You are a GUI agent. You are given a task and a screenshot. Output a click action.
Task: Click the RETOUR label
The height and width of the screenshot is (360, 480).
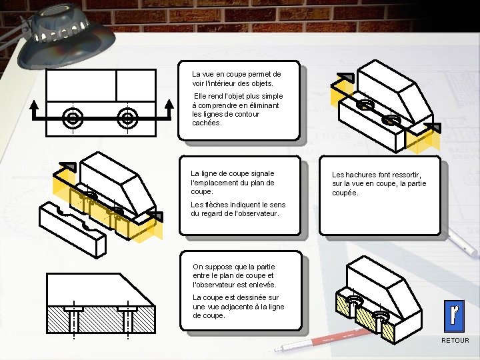455,341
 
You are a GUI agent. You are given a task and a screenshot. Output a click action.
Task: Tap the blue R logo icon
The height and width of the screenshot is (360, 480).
455,315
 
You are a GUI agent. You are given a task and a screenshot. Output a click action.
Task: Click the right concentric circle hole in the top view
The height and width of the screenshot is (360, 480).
127,119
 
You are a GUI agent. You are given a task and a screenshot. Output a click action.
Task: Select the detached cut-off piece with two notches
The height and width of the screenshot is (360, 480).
71,227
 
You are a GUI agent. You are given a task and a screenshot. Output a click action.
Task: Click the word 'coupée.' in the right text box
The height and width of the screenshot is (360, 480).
345,193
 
